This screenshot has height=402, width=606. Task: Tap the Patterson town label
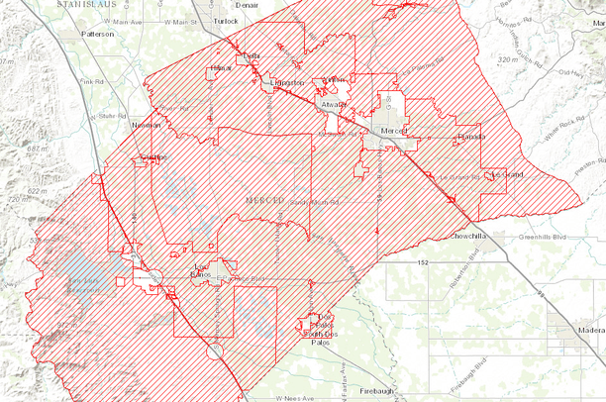click(x=97, y=33)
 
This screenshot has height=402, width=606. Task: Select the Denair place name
click(x=247, y=4)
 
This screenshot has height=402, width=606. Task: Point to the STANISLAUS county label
click(x=96, y=5)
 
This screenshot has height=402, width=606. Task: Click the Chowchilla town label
click(x=465, y=237)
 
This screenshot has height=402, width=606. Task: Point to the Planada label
click(x=470, y=137)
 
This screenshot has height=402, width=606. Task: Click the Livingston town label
click(x=284, y=83)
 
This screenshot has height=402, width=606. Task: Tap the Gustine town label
click(x=155, y=156)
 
